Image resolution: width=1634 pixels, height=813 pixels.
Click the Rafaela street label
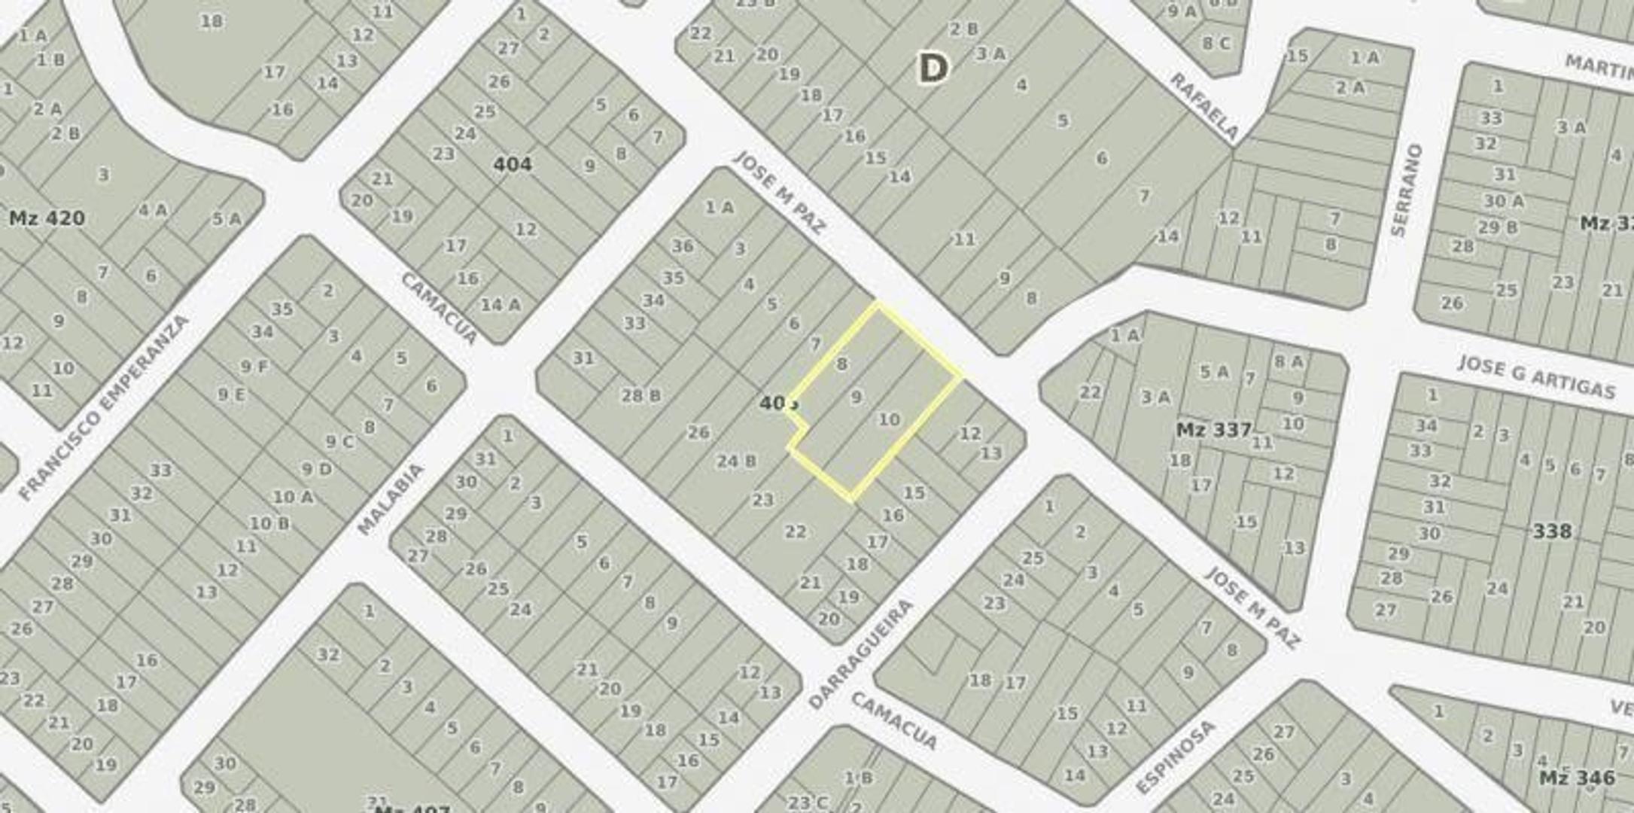click(x=1204, y=106)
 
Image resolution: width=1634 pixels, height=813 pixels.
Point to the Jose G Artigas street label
click(x=1536, y=376)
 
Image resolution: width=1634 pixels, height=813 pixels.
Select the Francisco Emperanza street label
click(x=103, y=408)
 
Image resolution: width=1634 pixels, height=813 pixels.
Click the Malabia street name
click(x=390, y=498)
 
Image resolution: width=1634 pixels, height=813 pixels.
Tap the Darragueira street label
click(x=860, y=653)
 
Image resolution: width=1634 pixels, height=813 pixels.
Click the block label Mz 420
click(x=47, y=219)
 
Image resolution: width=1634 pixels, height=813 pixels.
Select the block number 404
click(x=513, y=164)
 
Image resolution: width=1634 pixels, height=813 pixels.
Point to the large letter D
click(x=933, y=69)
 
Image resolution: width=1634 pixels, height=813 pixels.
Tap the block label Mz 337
click(x=1213, y=430)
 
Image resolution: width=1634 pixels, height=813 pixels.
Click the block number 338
click(x=1552, y=531)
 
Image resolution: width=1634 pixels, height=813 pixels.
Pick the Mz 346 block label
click(x=1577, y=778)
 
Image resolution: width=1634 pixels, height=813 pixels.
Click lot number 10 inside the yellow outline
click(x=889, y=419)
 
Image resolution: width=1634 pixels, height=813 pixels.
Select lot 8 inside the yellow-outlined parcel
click(x=841, y=364)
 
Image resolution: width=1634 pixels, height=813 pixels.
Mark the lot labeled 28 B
click(x=641, y=395)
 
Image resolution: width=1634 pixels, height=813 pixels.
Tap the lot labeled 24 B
click(x=736, y=461)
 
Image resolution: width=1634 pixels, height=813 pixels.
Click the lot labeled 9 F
click(x=254, y=367)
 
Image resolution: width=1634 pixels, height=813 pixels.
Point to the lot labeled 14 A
click(x=501, y=305)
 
